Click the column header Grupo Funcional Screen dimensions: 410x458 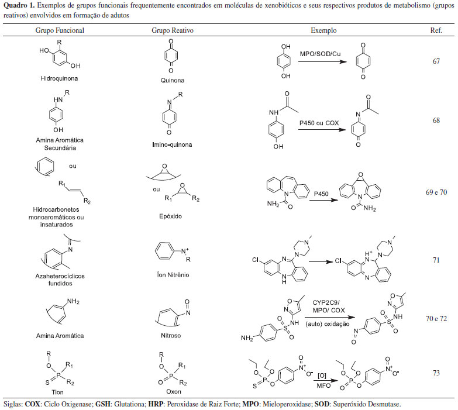point(60,30)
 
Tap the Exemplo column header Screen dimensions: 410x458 point(323,30)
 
